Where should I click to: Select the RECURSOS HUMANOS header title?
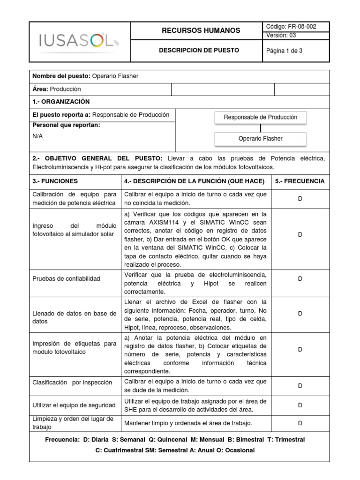pos(201,30)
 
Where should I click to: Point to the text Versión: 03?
pos(281,35)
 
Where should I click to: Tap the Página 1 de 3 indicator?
pos(285,51)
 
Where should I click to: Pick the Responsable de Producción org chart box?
pos(260,118)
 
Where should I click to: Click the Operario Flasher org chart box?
pos(260,139)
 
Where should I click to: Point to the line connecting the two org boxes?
pos(261,128)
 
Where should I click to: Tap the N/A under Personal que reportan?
pos(37,136)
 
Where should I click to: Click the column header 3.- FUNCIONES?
pos(55,181)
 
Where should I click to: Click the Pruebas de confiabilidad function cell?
pos(66,279)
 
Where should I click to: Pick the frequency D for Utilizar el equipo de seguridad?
pos(300,405)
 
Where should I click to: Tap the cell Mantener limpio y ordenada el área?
pos(188,423)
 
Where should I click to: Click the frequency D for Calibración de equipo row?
pos(300,199)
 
